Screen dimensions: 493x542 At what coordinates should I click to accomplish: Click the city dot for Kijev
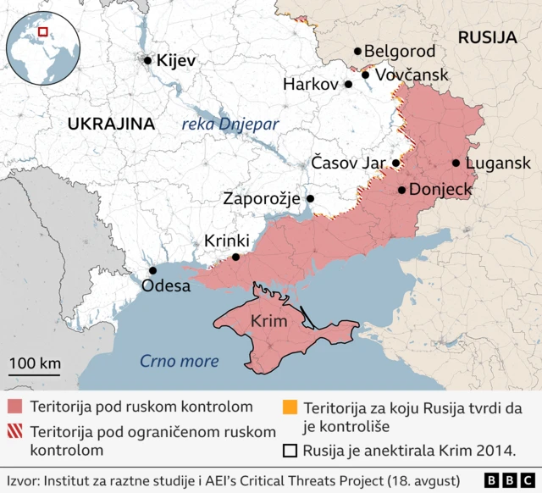148,60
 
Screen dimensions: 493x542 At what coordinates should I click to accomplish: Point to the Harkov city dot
348,85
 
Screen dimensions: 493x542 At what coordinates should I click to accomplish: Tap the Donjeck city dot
401,190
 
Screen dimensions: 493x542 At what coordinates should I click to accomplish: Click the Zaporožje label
262,199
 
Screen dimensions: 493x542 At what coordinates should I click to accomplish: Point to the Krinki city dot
236,257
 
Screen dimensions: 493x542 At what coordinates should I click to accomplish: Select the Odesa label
166,285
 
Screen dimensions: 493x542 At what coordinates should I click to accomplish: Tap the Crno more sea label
179,362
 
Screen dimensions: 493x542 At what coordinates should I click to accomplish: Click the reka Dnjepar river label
230,125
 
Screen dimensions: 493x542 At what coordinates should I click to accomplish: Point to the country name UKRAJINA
111,124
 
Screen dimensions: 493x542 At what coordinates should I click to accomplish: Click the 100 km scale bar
35,374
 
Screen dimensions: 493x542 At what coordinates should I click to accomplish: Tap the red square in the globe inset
42,33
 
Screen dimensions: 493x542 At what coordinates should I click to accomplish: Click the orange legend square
290,407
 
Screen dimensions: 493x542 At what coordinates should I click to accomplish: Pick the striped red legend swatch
16,431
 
